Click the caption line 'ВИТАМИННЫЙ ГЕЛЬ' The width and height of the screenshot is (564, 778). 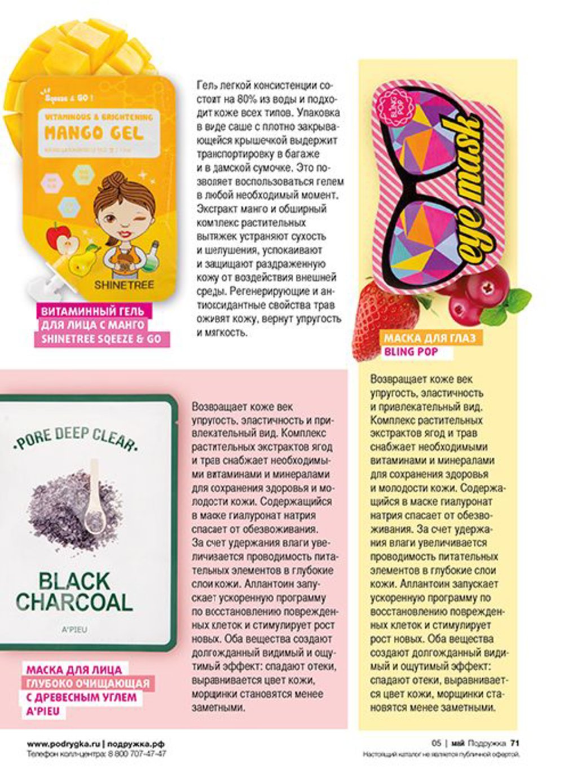[x=91, y=311]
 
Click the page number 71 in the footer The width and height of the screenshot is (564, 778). [x=514, y=743]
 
